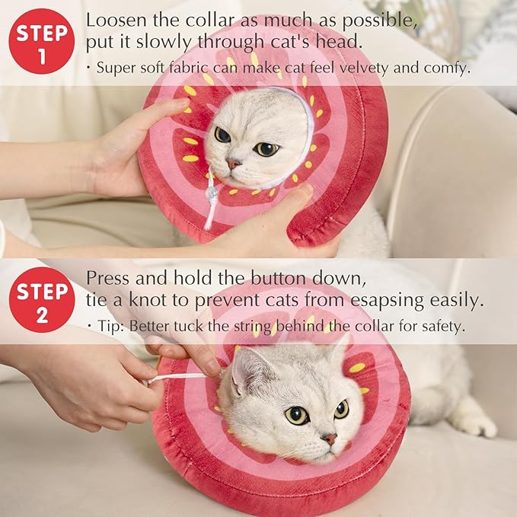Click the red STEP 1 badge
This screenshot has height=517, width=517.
[41, 41]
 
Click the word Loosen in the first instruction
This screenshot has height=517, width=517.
[112, 20]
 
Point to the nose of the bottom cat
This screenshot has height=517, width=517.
[330, 439]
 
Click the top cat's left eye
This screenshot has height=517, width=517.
[222, 135]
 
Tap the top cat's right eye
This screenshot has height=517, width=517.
[266, 148]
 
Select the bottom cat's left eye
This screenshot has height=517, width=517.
[297, 415]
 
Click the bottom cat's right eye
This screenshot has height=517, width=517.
[342, 409]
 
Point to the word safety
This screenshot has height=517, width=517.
[441, 326]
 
